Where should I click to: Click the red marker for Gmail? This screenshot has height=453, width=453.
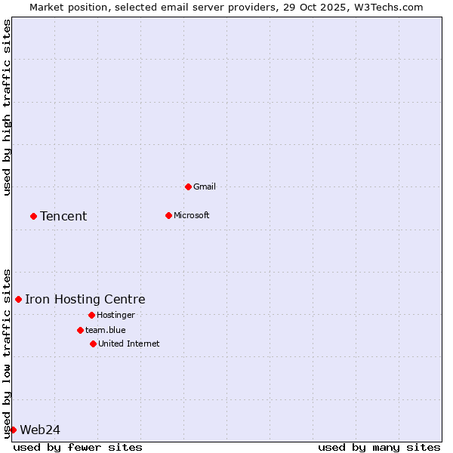click(x=188, y=186)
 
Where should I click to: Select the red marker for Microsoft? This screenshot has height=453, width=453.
click(x=168, y=215)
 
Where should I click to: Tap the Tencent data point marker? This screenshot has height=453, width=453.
click(x=33, y=216)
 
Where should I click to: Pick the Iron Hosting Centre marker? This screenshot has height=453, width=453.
click(x=18, y=299)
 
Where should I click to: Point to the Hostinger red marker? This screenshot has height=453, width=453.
click(x=91, y=315)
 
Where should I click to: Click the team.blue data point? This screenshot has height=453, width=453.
click(x=80, y=330)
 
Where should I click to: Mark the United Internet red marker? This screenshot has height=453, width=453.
click(x=93, y=344)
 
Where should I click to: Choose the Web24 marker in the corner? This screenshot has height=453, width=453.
click(x=13, y=430)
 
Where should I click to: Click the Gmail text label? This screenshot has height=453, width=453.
click(x=205, y=186)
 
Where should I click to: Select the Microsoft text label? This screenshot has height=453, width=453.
click(x=192, y=215)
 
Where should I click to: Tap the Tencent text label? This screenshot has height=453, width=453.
click(x=63, y=216)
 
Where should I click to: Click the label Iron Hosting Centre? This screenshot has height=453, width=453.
click(x=85, y=299)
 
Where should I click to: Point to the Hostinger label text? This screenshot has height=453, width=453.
click(x=116, y=315)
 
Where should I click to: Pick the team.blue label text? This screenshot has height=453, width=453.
click(x=106, y=330)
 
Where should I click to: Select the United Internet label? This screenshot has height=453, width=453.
click(x=129, y=344)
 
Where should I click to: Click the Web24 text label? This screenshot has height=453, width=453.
click(x=40, y=430)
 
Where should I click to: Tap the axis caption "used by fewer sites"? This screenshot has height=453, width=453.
click(x=78, y=447)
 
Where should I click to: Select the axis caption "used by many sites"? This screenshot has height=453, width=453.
click(x=379, y=447)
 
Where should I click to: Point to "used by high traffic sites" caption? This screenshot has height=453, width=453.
click(x=7, y=107)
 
